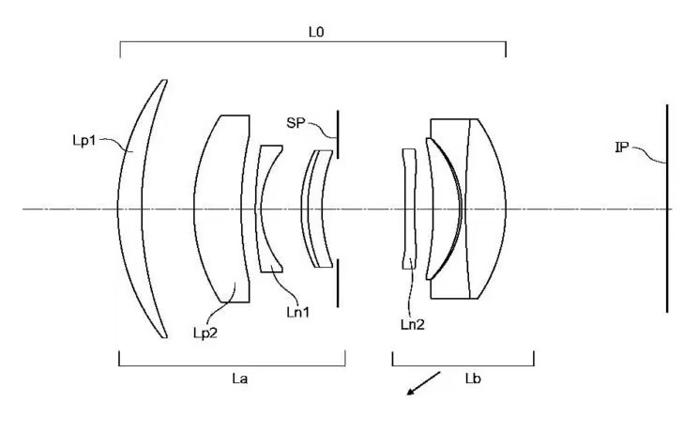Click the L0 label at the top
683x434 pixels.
pos(317,31)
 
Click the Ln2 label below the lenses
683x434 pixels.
pos(413,324)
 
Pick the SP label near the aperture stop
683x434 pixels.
pos(297,122)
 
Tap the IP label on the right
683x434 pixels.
pos(622,147)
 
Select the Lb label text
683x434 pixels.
pos(473,378)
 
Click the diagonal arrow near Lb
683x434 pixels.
pos(424,383)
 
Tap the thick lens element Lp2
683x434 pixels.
pos(221,209)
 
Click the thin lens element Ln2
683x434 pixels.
pos(409,209)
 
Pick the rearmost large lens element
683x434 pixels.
pos(483,209)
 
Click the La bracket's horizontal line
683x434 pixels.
pos(232,364)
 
